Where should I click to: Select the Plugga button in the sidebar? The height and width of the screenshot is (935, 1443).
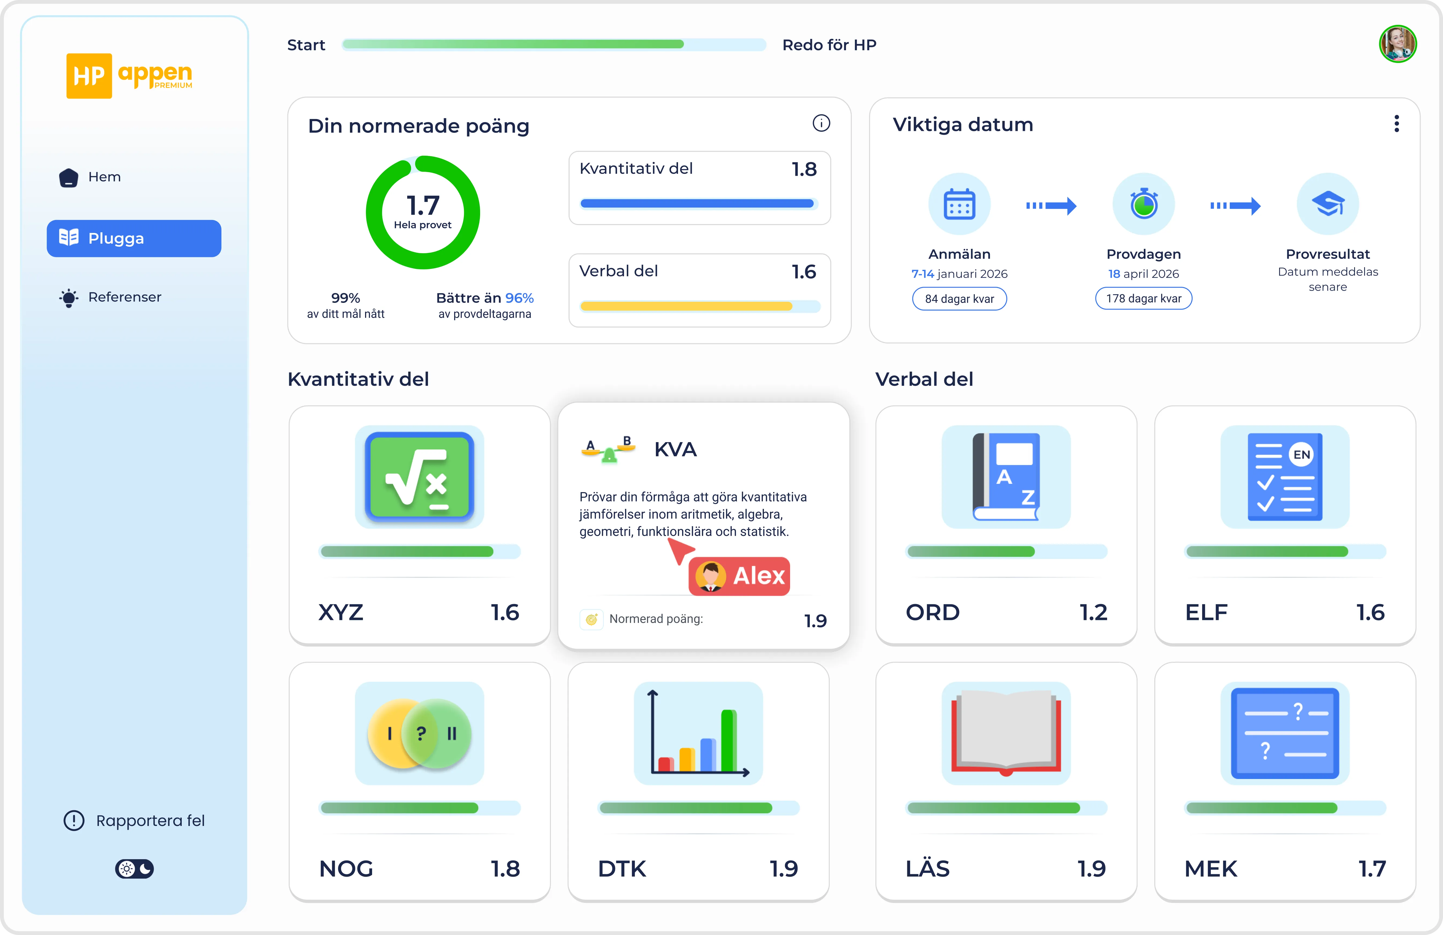coord(134,238)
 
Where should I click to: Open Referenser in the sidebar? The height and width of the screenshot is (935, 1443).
coord(110,297)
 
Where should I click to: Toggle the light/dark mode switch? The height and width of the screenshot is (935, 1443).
coord(134,869)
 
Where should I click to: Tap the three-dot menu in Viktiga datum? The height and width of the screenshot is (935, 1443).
coord(1396,124)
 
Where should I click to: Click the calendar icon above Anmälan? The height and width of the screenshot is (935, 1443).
coord(959,204)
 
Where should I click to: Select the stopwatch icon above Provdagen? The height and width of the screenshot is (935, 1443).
coord(1144,204)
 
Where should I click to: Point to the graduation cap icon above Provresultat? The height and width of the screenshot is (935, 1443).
coord(1328,204)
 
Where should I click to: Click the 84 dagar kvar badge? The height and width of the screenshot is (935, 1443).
coord(959,299)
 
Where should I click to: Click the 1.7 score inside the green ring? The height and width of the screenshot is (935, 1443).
coord(423,205)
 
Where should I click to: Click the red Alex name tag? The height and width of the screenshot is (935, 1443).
coord(739,576)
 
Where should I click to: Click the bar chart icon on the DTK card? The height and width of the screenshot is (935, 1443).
coord(699,733)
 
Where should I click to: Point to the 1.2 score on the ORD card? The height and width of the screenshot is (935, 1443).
coord(1093,612)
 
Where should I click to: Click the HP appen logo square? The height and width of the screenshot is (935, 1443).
coord(89,76)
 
